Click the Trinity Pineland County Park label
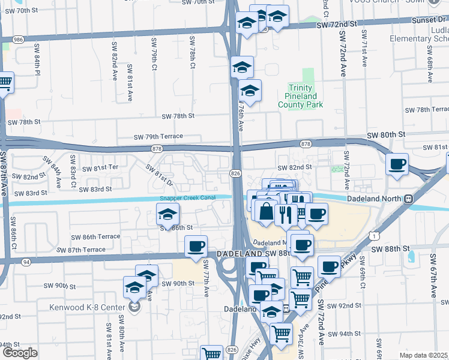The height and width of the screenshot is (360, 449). [x=300, y=96]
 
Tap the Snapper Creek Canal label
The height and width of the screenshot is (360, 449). [x=187, y=199]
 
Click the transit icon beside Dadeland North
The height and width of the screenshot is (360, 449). [x=409, y=199]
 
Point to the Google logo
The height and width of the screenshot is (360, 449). [x=19, y=353]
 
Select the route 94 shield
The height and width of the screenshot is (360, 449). [x=26, y=262]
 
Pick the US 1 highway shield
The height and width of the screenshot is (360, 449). [x=376, y=237]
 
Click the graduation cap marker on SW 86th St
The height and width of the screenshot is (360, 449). [x=167, y=214]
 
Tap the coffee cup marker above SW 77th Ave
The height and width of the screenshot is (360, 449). [x=196, y=246]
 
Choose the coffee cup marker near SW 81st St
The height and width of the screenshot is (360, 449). [x=397, y=164]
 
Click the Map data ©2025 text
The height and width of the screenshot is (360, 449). [x=423, y=355]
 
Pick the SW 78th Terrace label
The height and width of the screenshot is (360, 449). [x=426, y=110]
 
